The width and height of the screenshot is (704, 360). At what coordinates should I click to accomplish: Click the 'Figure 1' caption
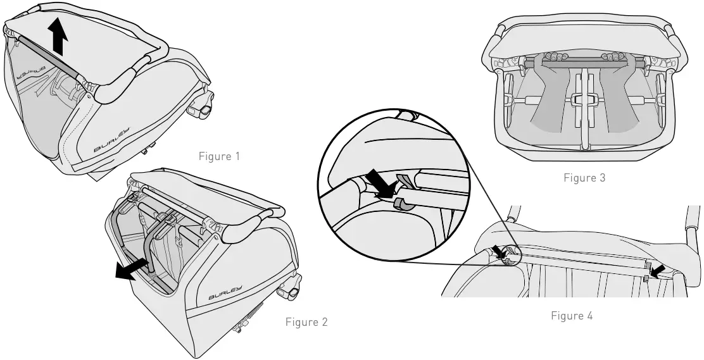pyautogui.click(x=220, y=156)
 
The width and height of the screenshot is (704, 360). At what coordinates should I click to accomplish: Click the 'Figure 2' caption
pyautogui.click(x=306, y=322)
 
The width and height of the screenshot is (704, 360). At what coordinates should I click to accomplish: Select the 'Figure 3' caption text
pyautogui.click(x=584, y=178)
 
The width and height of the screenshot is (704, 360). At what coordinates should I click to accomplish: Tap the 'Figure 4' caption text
pyautogui.click(x=572, y=316)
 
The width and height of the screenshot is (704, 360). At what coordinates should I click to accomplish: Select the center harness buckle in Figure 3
pyautogui.click(x=584, y=100)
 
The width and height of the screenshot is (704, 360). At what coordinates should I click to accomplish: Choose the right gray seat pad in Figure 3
pyautogui.click(x=617, y=101)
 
